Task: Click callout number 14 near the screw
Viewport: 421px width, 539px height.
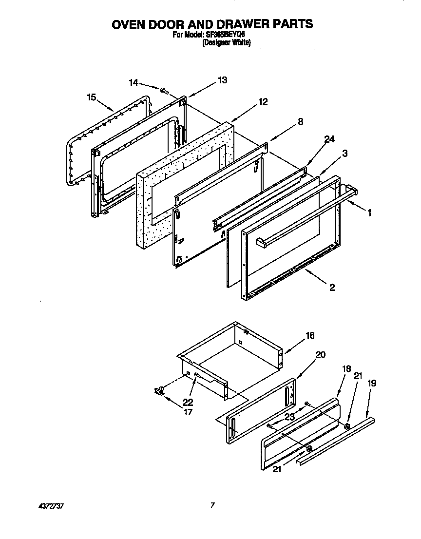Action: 134,83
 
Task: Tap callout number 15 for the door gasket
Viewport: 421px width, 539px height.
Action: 91,97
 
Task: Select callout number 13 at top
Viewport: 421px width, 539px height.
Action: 222,80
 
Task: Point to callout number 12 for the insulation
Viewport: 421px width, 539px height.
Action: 263,102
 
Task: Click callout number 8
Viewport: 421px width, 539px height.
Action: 300,122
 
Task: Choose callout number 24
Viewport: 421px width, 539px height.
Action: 329,140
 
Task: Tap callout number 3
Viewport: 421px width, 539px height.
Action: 344,154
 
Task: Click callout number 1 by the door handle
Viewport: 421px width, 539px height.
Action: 370,212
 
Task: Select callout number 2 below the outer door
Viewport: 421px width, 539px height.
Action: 332,288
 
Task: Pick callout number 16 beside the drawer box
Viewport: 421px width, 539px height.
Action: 310,335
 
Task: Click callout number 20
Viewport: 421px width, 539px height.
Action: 321,355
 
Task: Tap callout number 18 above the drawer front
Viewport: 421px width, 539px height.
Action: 346,370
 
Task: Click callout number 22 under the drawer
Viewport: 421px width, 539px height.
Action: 188,403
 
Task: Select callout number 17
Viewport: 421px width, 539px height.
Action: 188,412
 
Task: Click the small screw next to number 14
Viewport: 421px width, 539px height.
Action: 164,90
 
